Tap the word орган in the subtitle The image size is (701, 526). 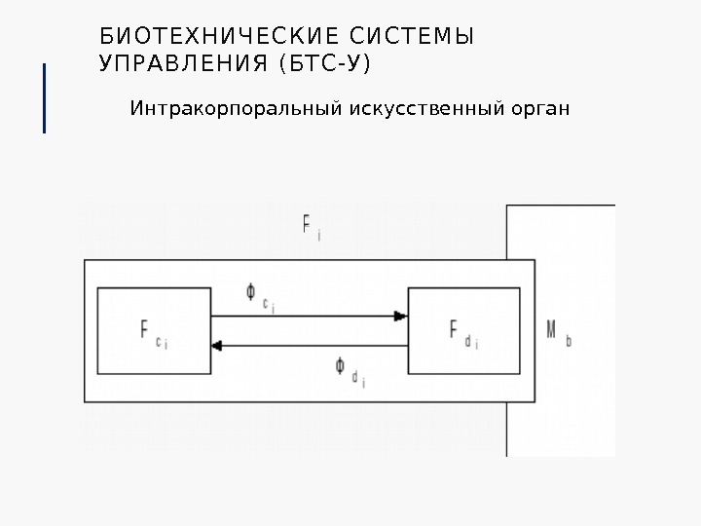click(x=537, y=106)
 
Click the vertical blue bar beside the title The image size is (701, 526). click(x=45, y=97)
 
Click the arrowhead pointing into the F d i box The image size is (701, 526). click(x=400, y=316)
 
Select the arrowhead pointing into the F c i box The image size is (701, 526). click(x=218, y=345)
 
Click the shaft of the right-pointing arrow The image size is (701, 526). click(x=302, y=316)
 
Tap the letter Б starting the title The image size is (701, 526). click(x=106, y=38)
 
